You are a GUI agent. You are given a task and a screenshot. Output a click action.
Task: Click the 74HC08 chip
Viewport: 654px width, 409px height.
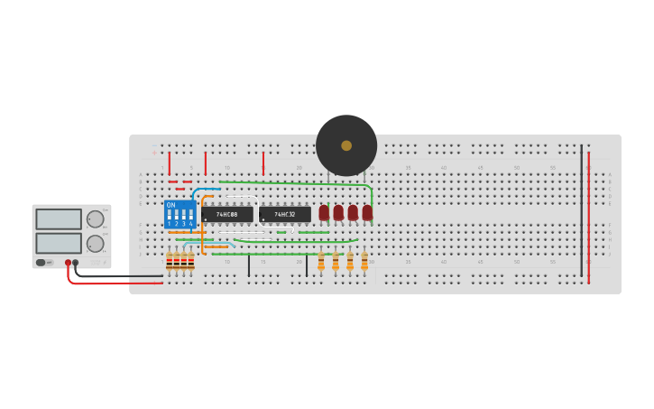click(x=227, y=214)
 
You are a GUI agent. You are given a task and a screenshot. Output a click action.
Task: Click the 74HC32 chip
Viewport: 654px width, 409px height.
click(x=285, y=214)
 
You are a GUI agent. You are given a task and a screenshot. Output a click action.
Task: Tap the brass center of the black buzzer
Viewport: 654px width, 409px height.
click(x=346, y=145)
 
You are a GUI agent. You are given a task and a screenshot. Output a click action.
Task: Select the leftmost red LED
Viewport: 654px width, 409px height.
click(x=324, y=212)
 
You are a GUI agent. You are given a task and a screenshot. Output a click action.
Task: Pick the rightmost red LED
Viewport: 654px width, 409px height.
click(x=367, y=212)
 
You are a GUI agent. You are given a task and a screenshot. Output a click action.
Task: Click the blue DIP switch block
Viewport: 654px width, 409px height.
click(x=180, y=214)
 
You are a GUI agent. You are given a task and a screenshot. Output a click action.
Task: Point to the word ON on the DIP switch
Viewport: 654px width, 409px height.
click(x=170, y=205)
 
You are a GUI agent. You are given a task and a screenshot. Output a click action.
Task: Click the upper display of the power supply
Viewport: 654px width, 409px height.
click(x=59, y=219)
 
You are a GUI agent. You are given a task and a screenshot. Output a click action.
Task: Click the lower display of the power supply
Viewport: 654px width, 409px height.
click(x=59, y=243)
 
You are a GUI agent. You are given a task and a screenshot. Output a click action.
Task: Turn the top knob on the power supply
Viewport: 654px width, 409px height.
click(x=95, y=219)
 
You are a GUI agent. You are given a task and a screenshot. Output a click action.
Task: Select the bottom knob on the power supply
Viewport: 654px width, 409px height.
click(x=95, y=243)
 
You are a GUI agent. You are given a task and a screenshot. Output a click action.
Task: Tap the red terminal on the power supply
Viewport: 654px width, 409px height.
click(x=68, y=263)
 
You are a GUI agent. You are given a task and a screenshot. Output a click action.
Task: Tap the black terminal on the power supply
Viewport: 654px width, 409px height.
click(x=76, y=263)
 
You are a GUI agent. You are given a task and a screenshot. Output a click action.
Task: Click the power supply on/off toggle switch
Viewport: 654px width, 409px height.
click(x=41, y=263)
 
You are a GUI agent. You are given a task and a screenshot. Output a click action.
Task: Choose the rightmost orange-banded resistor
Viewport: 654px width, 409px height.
click(x=364, y=262)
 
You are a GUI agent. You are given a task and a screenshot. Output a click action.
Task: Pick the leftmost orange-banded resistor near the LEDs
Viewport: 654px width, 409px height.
click(x=321, y=262)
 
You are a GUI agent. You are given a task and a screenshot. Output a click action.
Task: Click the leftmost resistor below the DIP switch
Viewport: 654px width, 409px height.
click(x=169, y=262)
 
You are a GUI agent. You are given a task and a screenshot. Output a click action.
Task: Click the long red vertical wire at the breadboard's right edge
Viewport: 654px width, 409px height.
click(x=589, y=217)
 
